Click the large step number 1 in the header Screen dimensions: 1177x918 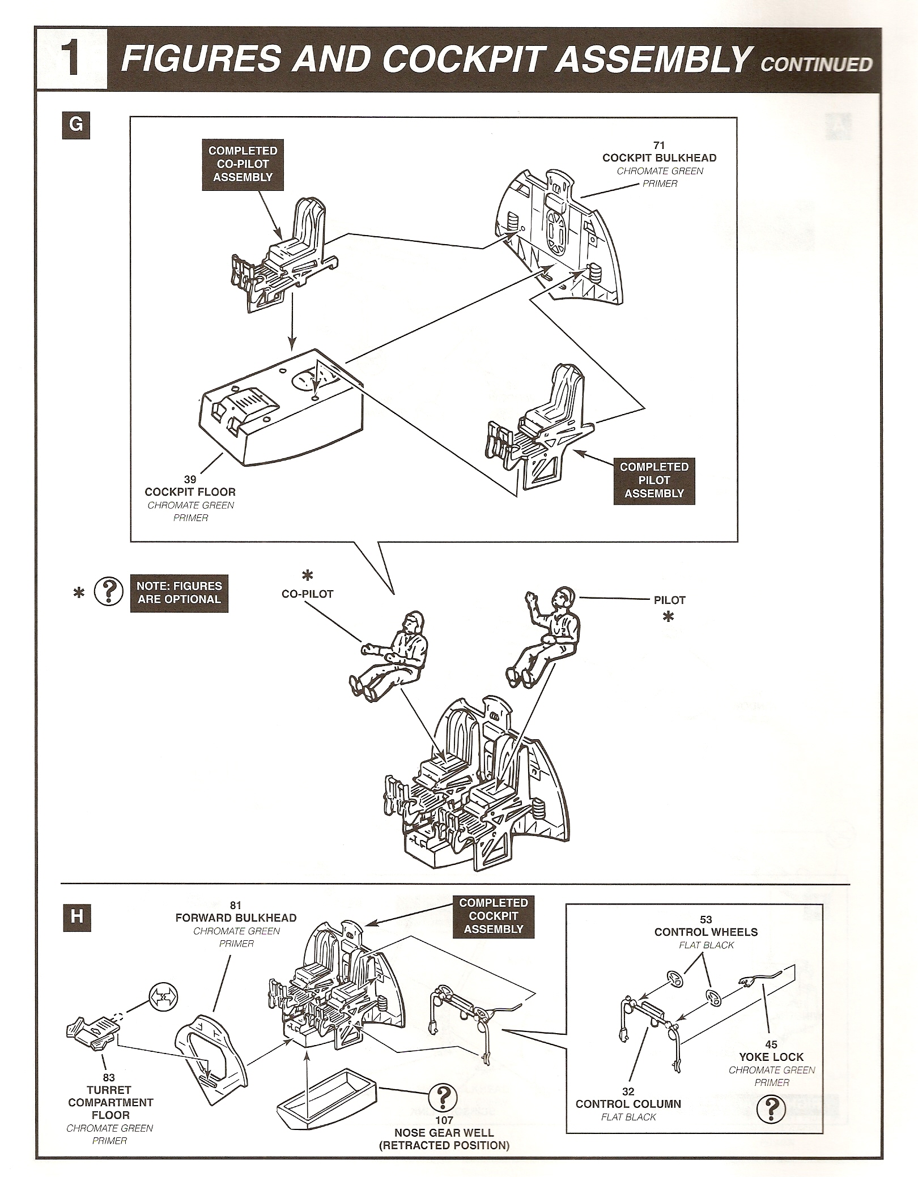tap(72, 58)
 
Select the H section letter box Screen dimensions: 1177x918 tap(76, 916)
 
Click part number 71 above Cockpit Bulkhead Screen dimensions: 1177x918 tap(658, 146)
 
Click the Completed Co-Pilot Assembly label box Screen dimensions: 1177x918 tap(243, 164)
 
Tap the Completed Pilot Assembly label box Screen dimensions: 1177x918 tap(654, 480)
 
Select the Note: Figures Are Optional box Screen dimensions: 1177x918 tap(178, 592)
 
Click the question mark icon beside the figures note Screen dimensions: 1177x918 tap(108, 592)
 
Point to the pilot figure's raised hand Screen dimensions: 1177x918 tap(531, 597)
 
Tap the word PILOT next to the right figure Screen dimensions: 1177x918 tap(669, 600)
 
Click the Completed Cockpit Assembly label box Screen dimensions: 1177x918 tap(493, 916)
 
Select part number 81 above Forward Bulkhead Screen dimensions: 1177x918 tap(236, 906)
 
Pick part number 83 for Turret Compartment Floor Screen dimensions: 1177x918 tap(109, 1078)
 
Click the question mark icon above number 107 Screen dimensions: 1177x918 tap(444, 1099)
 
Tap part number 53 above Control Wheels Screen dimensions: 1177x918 tap(705, 920)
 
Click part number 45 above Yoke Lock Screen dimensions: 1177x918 tap(771, 1044)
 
